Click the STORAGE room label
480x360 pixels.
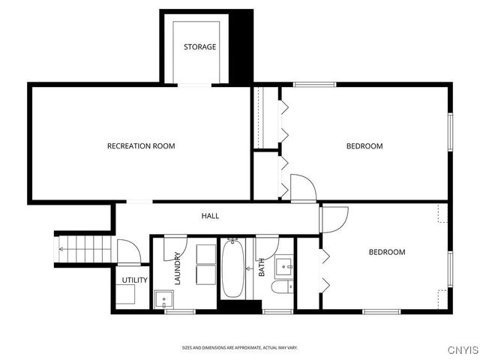(200, 46)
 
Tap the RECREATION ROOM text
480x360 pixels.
(141, 145)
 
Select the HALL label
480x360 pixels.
(210, 216)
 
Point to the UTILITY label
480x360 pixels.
(134, 280)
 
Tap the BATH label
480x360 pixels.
(262, 268)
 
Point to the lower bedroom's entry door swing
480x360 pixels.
(334, 218)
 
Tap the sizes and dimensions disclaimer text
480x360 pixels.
(240, 347)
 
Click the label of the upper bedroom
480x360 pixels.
(364, 145)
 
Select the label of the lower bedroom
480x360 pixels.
(386, 252)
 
